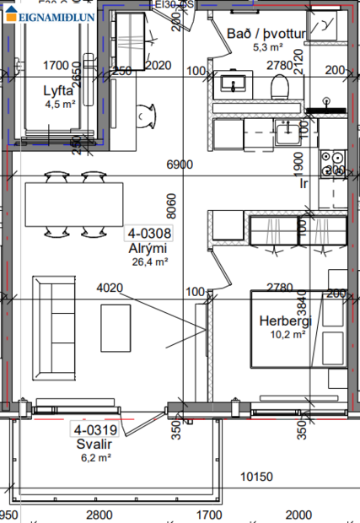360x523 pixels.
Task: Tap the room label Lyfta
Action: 60,91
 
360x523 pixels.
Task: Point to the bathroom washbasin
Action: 231,84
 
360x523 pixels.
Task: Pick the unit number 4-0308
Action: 149,234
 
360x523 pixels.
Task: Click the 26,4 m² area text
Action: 151,261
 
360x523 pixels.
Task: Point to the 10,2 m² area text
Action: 286,334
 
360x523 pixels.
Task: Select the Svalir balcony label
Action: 94,444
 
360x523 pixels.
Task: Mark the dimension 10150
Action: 257,477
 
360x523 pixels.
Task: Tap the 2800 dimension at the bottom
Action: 99,514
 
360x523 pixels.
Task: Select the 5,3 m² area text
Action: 266,47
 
